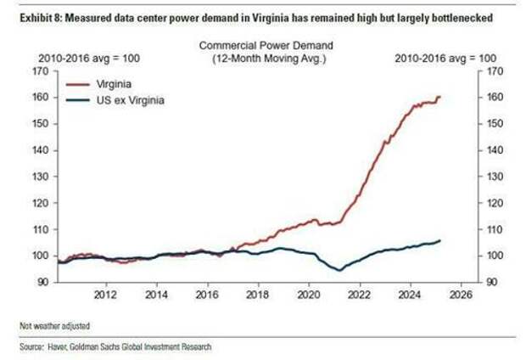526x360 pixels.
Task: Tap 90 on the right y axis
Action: [x=493, y=281]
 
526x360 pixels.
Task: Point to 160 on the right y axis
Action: [x=495, y=97]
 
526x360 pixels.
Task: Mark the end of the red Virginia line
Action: [x=440, y=96]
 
